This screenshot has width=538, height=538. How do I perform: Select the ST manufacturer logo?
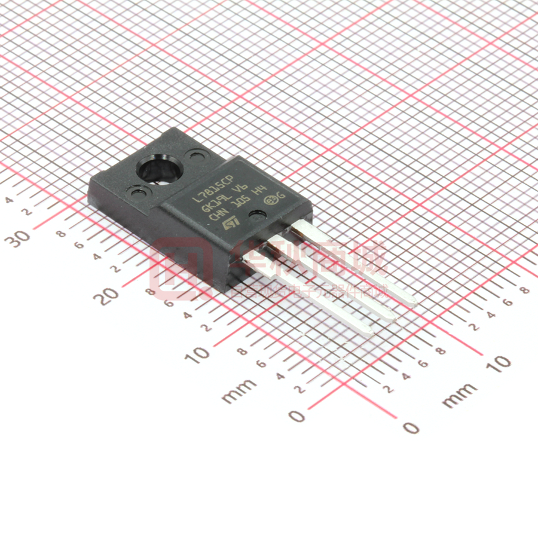click(x=230, y=223)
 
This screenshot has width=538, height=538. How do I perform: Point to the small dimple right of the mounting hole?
click(x=194, y=157)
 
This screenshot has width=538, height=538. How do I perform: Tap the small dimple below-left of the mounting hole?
click(x=138, y=192)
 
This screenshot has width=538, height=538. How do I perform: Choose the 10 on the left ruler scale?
click(x=198, y=353)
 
